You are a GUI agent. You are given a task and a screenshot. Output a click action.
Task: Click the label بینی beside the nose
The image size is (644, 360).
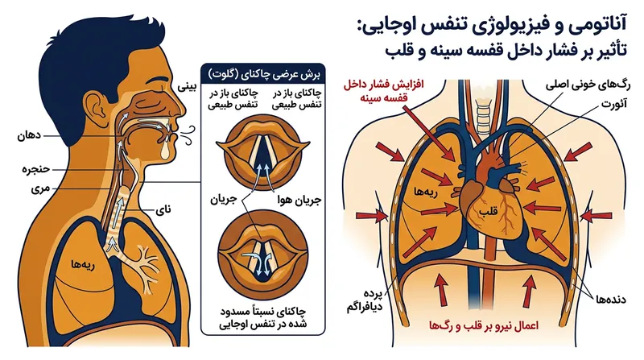coord(187,87)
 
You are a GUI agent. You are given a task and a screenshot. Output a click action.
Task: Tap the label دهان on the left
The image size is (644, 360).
coord(29,135)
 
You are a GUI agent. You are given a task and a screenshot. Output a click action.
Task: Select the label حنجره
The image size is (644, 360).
coord(35,169)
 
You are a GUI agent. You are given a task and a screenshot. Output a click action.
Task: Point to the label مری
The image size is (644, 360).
coord(40,188)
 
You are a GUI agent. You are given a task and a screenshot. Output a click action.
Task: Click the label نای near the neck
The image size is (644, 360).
coord(163,209)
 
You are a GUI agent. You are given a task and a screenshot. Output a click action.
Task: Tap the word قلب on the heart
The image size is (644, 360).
coord(488,211)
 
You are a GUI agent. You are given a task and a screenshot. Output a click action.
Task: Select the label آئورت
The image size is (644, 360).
coord(614,104)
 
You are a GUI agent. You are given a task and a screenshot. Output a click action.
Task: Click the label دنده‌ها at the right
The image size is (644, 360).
coord(612,299)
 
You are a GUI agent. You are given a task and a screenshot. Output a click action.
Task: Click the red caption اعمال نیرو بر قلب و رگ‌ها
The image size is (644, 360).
coord(483,325)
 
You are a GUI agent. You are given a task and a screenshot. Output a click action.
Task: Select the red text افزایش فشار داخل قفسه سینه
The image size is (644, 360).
coord(384,92)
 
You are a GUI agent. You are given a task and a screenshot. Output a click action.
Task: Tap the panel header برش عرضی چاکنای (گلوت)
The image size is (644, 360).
coord(264,74)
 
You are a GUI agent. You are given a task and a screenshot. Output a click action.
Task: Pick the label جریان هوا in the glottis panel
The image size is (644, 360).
coord(299,201)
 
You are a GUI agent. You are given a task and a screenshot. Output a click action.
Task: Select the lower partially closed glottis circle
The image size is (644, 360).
coord(263,254)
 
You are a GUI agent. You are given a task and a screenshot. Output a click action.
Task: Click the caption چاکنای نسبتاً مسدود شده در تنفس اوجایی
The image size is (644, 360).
coord(263,317)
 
